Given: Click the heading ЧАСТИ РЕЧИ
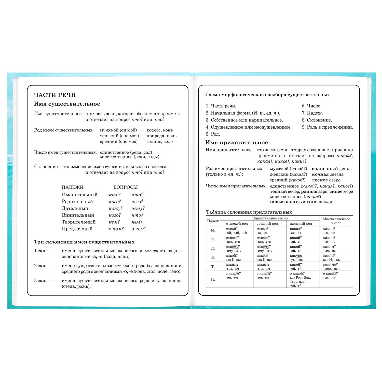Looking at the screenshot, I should click(x=55, y=95).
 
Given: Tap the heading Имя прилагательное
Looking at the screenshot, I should click(x=237, y=143).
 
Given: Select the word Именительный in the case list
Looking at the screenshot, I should click(x=79, y=195).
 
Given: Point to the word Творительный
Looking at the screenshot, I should click(x=78, y=222).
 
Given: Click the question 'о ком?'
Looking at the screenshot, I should click(x=116, y=229).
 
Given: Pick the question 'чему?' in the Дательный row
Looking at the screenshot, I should click(x=138, y=208).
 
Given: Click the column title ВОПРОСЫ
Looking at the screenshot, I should click(x=125, y=187).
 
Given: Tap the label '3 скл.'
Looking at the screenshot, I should click(x=40, y=281).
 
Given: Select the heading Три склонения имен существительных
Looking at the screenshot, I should click(x=84, y=242).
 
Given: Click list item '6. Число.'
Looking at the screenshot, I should click(x=311, y=106).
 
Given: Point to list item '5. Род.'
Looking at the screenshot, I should click(x=213, y=134).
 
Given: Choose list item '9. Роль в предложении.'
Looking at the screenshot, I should click(x=327, y=127).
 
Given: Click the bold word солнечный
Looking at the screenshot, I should click(x=325, y=169).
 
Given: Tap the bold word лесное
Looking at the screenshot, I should click(x=320, y=180).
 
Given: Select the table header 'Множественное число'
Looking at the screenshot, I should click(x=336, y=221).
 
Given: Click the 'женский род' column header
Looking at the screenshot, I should click(x=301, y=224).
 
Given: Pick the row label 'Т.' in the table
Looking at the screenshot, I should click(x=213, y=266).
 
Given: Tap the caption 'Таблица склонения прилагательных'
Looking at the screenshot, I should click(x=249, y=212).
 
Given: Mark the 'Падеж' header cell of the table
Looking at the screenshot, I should click(x=213, y=221).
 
